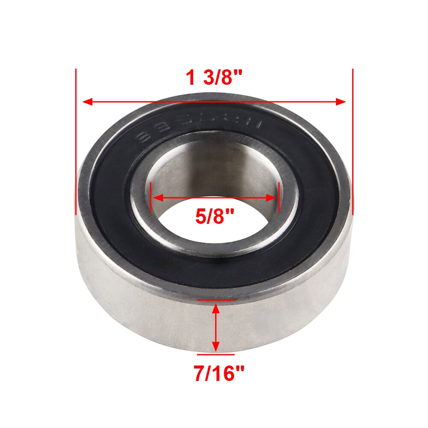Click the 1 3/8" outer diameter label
point(214,78)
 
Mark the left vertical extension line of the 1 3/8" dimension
point(75,141)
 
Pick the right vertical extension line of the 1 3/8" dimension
point(353,141)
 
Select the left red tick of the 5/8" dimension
point(151,197)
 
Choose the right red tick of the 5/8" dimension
point(279,197)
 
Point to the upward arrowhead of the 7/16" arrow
point(216,307)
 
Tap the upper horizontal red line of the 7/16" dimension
point(216,300)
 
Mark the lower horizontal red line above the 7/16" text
point(216,355)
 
